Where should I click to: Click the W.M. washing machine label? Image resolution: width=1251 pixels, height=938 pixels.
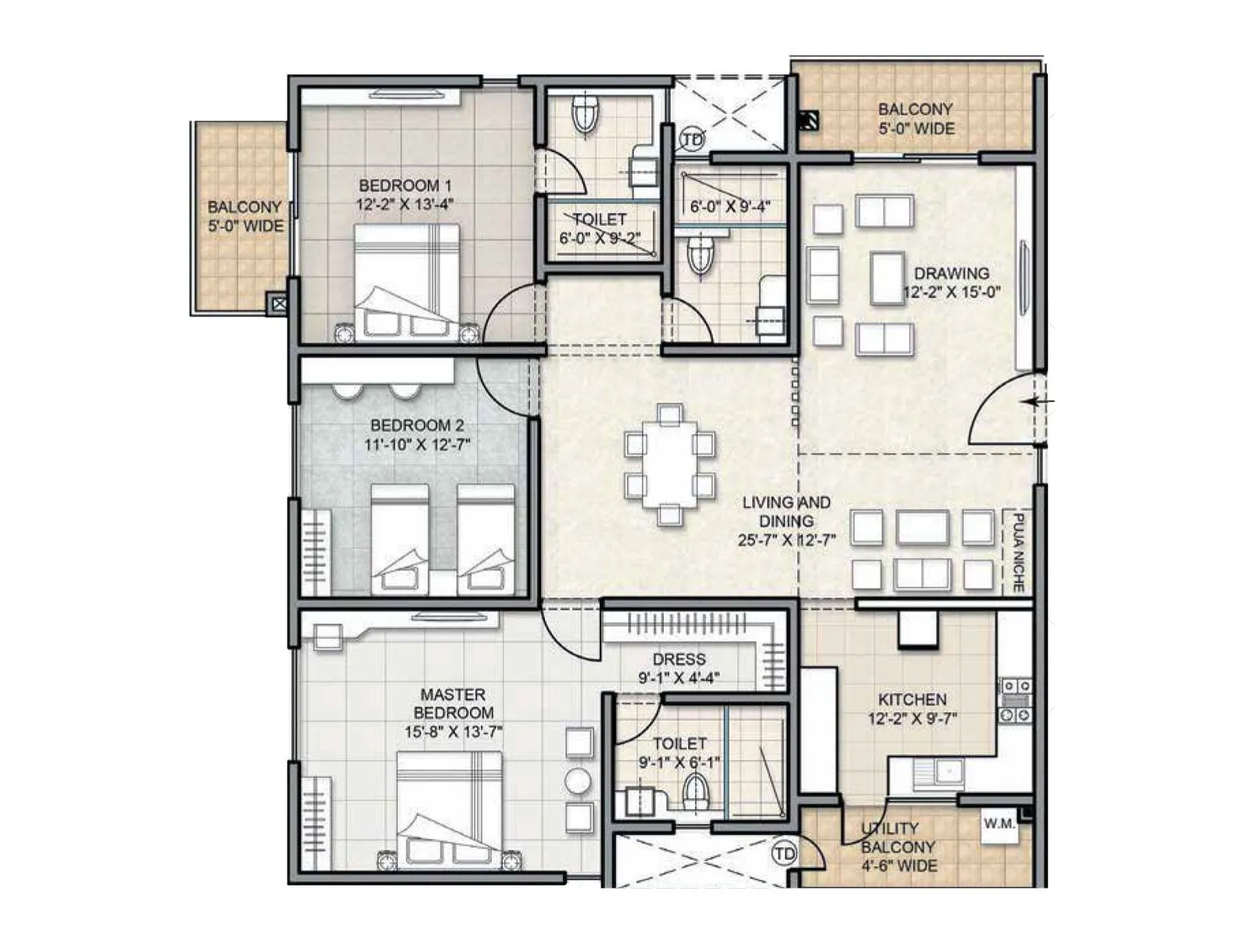pyautogui.click(x=999, y=824)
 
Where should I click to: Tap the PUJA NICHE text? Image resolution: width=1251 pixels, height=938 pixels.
pyautogui.click(x=1018, y=552)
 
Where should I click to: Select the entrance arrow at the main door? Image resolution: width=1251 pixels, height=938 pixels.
pyautogui.click(x=1039, y=403)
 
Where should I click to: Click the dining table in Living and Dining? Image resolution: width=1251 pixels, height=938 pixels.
pyautogui.click(x=669, y=464)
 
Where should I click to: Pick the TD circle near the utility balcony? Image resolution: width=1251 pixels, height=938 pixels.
pyautogui.click(x=783, y=854)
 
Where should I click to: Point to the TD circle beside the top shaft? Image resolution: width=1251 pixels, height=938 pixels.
pyautogui.click(x=693, y=140)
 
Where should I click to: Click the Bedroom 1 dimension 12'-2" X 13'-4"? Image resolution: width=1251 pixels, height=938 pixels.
pyautogui.click(x=405, y=205)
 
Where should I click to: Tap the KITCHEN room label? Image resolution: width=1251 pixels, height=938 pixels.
pyautogui.click(x=912, y=700)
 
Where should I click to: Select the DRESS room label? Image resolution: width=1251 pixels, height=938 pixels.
pyautogui.click(x=679, y=659)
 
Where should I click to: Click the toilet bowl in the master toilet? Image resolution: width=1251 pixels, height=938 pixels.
pyautogui.click(x=695, y=793)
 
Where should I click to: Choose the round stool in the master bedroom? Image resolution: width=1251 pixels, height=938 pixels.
pyautogui.click(x=579, y=781)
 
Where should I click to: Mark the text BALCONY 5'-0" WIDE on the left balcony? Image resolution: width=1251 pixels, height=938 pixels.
pyautogui.click(x=245, y=217)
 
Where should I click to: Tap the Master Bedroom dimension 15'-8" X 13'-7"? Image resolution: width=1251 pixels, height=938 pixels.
pyautogui.click(x=453, y=732)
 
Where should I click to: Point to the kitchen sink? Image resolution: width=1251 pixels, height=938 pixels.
pyautogui.click(x=942, y=773)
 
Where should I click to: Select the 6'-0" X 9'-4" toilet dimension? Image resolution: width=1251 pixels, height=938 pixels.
pyautogui.click(x=730, y=207)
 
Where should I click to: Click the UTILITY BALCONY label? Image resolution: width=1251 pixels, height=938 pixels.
pyautogui.click(x=898, y=847)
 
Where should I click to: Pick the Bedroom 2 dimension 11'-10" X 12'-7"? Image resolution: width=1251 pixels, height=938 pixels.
pyautogui.click(x=417, y=445)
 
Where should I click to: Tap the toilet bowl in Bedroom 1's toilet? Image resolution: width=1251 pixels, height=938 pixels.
pyautogui.click(x=585, y=115)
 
